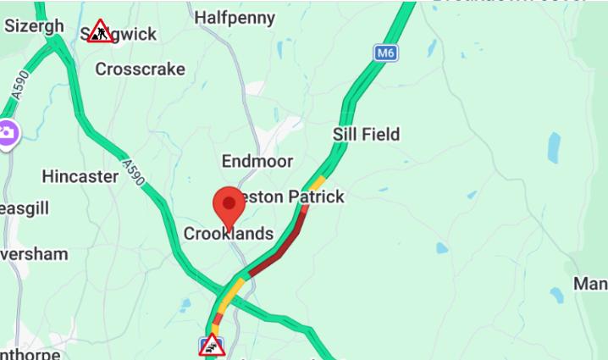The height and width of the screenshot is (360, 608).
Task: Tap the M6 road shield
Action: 385,53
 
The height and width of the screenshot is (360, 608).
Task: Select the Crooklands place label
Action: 229,234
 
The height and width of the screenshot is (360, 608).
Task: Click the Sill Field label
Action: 366,134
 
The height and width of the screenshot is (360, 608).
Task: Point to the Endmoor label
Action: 257,161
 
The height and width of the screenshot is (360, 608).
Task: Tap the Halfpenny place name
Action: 235,17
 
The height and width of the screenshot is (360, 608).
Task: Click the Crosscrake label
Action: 140,69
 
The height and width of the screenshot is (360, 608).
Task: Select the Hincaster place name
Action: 80,176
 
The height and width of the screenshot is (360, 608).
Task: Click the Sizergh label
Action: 34,25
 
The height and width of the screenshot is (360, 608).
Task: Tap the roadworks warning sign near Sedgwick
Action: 100,31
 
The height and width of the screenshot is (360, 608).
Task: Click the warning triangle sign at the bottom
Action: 212,346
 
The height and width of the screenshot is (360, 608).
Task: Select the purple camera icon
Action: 7,133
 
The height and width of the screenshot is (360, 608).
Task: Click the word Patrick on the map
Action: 317,197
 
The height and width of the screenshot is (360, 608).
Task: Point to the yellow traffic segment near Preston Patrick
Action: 317,182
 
